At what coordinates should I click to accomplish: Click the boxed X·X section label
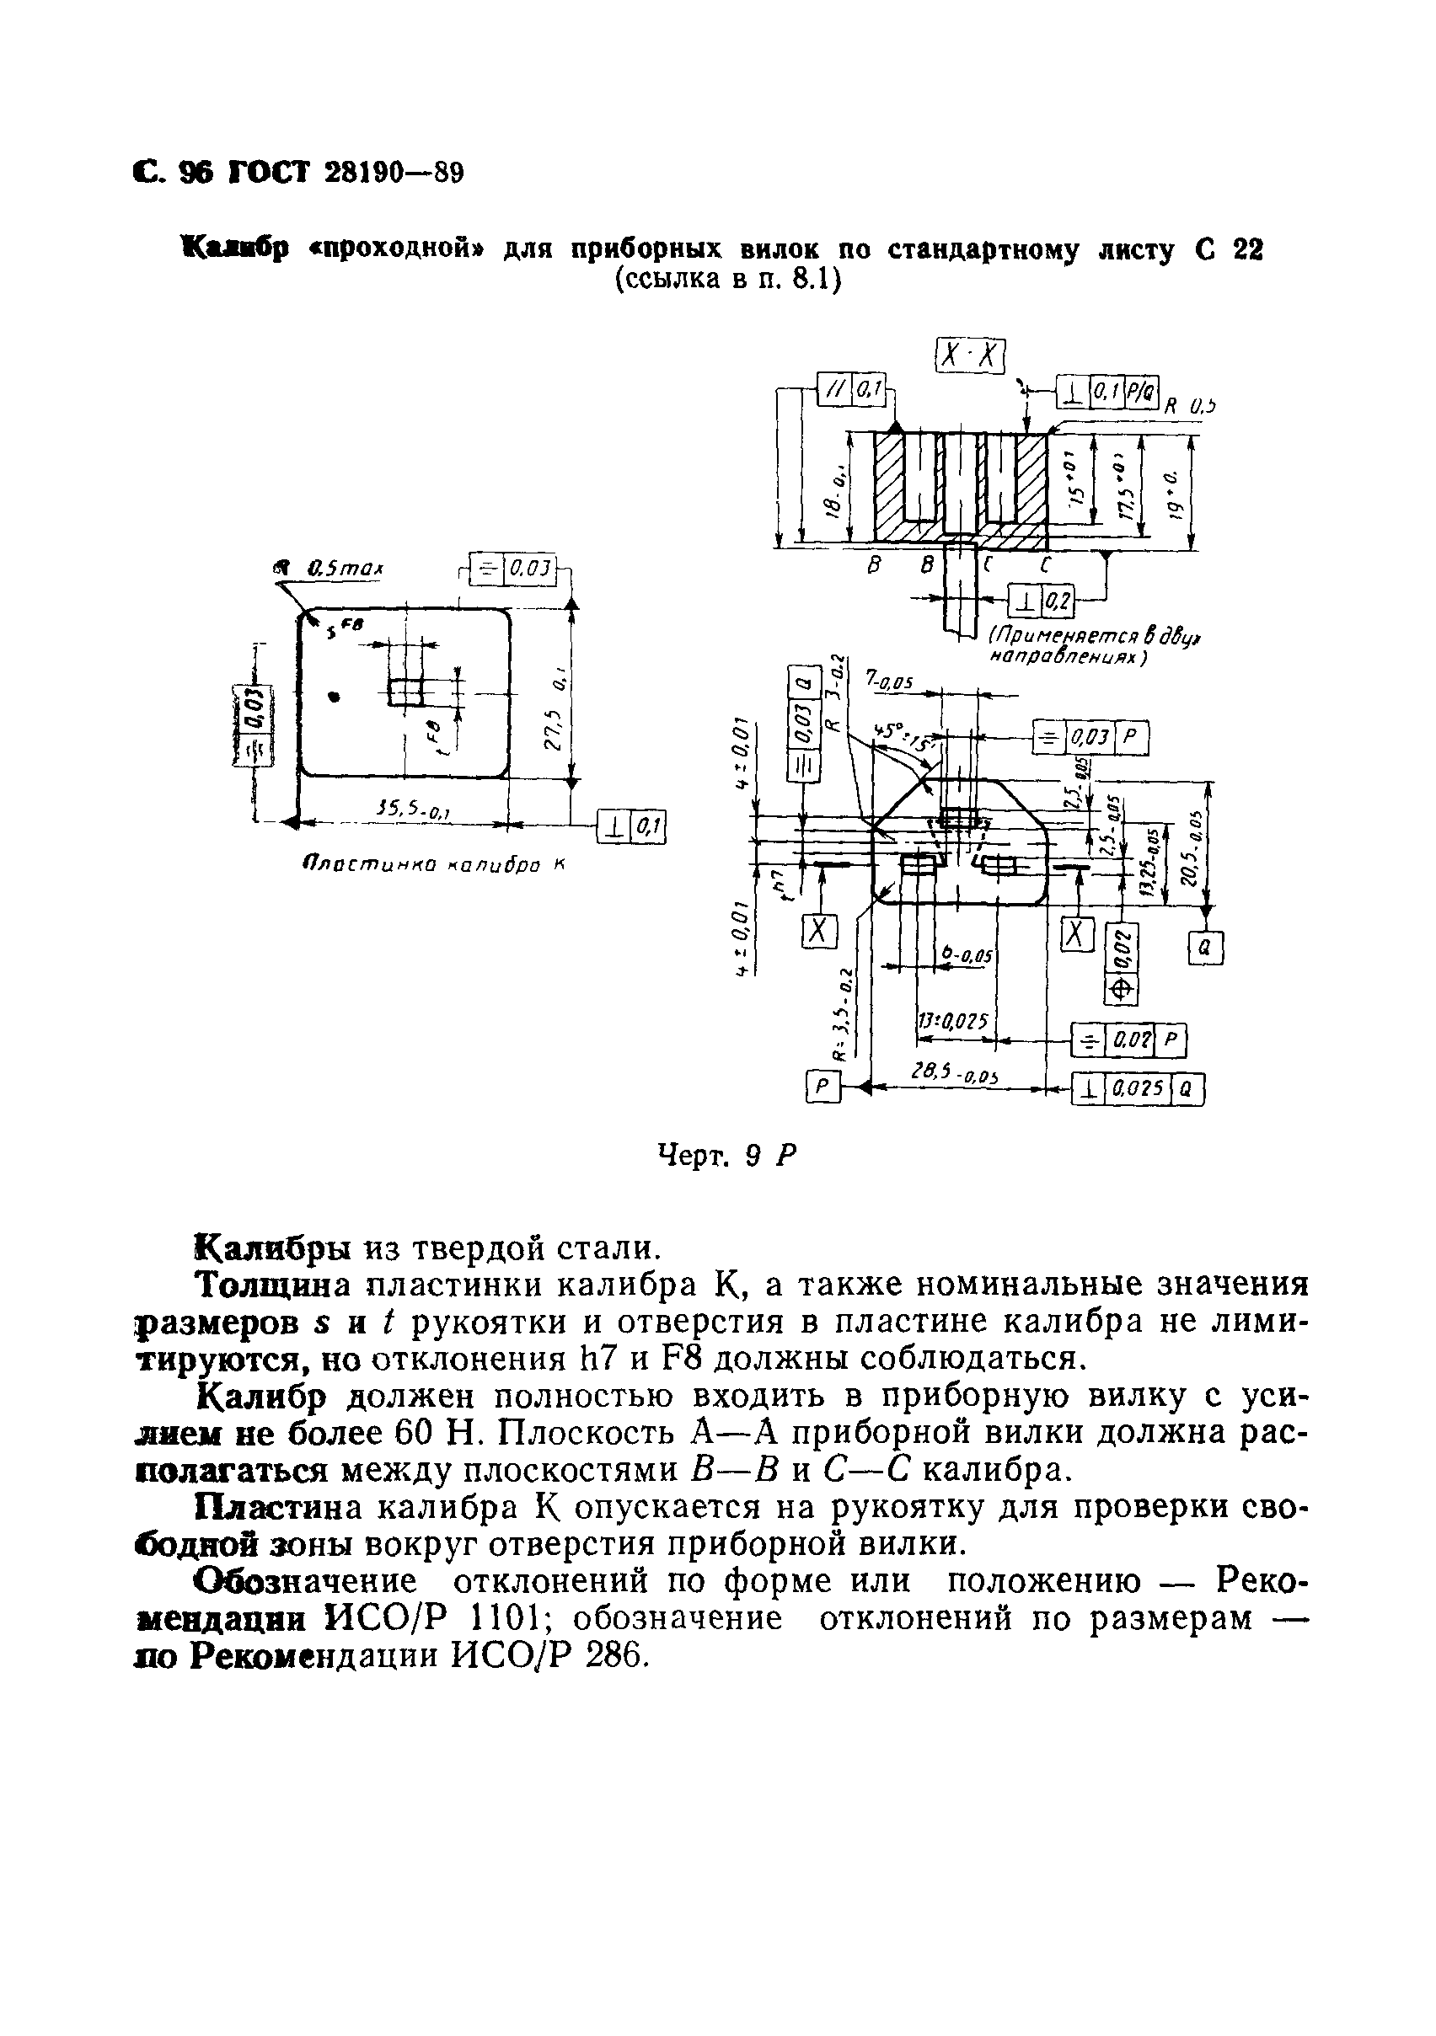971,356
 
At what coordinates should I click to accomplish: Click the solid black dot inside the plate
334,696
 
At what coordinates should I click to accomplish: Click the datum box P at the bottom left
822,1087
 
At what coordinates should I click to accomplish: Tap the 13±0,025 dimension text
951,1022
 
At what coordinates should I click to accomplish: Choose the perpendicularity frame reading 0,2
1042,603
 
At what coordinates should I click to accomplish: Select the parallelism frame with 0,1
851,389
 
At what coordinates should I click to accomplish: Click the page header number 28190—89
394,172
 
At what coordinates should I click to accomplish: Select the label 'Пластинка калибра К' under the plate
433,864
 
